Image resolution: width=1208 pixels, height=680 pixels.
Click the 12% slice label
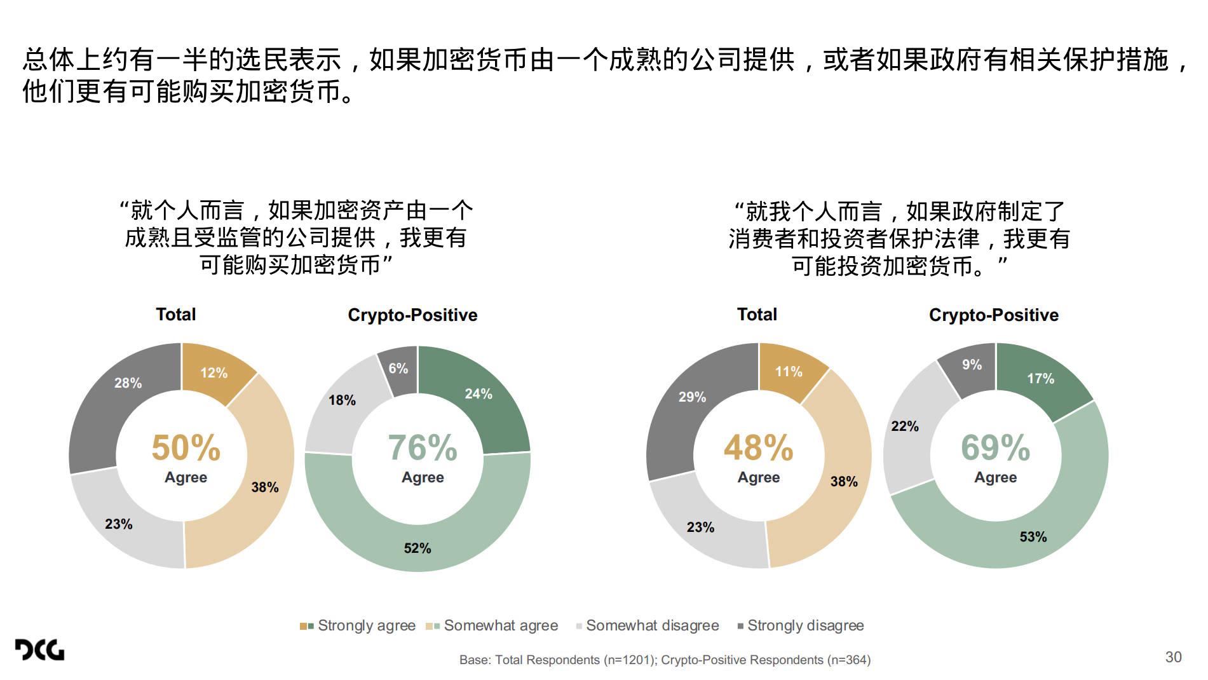(x=214, y=373)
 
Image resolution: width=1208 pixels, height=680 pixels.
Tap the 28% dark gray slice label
(x=128, y=383)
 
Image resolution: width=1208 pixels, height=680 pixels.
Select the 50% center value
(x=186, y=448)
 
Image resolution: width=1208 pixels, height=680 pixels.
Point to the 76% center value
(x=423, y=448)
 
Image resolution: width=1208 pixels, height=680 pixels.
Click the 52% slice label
(x=417, y=548)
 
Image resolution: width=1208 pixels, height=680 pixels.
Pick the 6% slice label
(x=398, y=369)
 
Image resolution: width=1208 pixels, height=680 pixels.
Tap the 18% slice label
(x=342, y=400)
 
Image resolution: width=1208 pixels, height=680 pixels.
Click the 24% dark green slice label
(x=478, y=394)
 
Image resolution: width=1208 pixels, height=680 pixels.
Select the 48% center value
(x=759, y=448)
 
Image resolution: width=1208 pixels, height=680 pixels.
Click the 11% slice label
(x=789, y=372)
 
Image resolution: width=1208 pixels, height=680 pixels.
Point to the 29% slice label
(x=692, y=397)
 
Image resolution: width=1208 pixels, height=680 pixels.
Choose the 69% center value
(x=995, y=448)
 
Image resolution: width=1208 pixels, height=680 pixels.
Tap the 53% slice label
(x=1033, y=537)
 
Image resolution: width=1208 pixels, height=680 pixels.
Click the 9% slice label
(x=972, y=365)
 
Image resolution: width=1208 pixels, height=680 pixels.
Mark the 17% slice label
(x=1040, y=379)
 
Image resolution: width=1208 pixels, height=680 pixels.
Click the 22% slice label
(x=905, y=426)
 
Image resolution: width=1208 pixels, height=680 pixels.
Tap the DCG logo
(x=39, y=649)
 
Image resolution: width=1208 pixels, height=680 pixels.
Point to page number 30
(x=1173, y=657)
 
